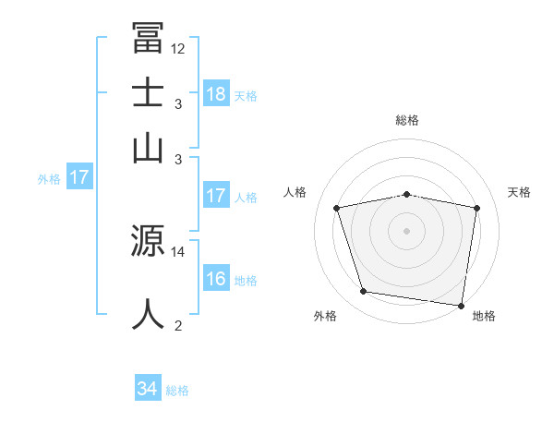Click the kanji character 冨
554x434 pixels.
tap(148, 38)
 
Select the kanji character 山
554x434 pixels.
tap(148, 148)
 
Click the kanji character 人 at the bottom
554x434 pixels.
tap(148, 314)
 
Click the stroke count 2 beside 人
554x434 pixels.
tap(178, 324)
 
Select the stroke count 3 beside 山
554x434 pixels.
tap(178, 159)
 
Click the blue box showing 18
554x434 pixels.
tap(216, 93)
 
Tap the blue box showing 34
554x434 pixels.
tap(148, 390)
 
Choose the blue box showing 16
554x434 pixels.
tap(216, 279)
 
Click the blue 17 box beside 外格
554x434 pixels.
tap(79, 177)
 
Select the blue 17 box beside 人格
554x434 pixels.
tap(216, 196)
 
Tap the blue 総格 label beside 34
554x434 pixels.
tap(177, 391)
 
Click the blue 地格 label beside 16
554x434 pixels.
tap(246, 280)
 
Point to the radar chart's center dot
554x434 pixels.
tap(406, 230)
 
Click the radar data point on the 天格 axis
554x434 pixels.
tap(476, 208)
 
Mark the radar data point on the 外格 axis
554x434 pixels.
tap(364, 292)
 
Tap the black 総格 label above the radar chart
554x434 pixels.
tap(406, 120)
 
